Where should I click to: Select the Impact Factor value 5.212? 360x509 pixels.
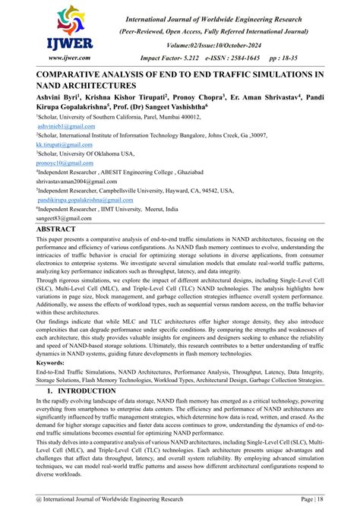coord(191,57)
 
